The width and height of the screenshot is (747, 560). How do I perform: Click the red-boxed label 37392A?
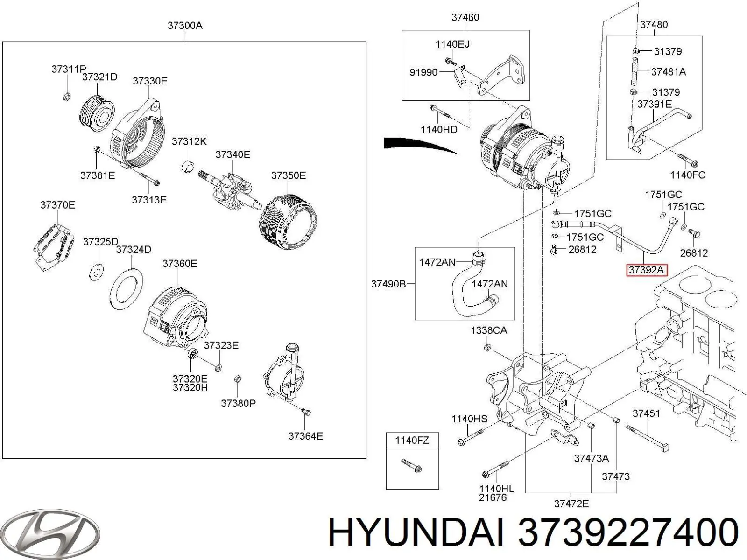pos(647,269)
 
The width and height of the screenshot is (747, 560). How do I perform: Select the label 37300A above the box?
pos(185,26)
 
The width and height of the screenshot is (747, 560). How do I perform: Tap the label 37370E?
pos(57,205)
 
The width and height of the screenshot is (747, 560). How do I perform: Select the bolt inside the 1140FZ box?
pos(412,466)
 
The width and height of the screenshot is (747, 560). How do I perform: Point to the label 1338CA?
pos(488,330)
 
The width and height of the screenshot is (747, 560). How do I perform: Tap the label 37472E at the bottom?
pos(571,504)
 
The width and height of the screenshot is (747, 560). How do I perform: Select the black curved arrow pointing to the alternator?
pos(416,144)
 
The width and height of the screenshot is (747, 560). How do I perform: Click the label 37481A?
pos(668,72)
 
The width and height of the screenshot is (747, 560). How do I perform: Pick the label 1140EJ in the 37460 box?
pos(452,44)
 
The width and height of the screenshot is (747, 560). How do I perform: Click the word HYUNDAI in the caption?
pos(416,532)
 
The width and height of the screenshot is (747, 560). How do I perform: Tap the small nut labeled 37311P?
pos(67,97)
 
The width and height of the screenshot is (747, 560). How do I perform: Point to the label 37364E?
pos(305,436)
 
